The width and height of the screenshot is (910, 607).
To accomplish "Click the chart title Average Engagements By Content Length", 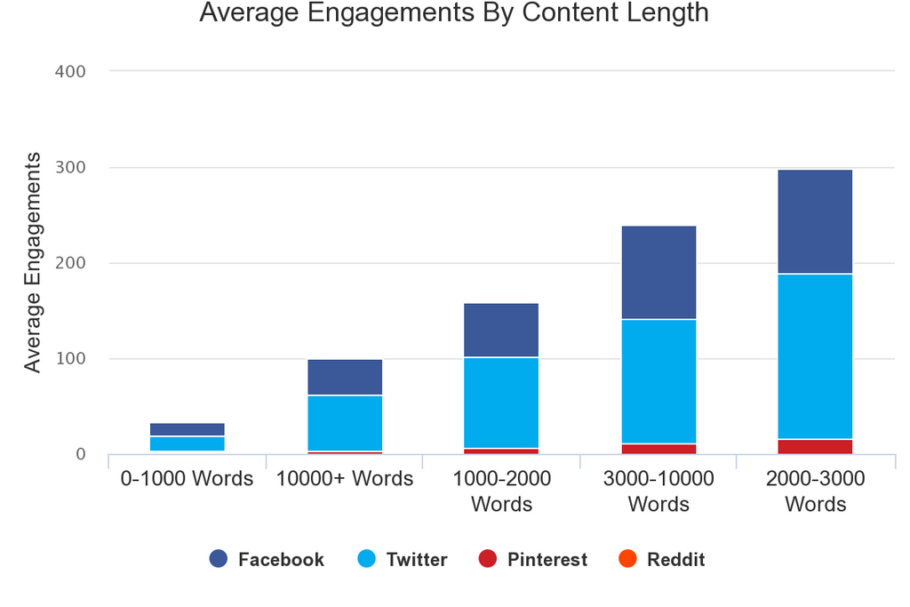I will [454, 13].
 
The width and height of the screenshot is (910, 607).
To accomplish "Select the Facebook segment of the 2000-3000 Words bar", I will [815, 221].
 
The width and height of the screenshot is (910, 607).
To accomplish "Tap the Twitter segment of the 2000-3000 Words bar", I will [815, 356].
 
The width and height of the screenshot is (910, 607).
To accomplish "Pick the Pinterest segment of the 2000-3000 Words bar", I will [815, 447].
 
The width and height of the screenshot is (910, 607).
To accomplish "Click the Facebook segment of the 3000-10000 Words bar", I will [659, 273].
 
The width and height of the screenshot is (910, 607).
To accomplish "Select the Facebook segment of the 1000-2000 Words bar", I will [501, 330].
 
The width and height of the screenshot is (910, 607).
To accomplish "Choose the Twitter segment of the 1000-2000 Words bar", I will [501, 403].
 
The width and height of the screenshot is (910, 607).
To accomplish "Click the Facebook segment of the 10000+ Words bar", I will [345, 377].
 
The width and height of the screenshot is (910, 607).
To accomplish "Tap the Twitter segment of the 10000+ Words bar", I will [345, 423].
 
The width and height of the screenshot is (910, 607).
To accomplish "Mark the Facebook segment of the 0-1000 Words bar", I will [188, 429].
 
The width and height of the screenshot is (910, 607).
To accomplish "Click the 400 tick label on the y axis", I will [70, 71].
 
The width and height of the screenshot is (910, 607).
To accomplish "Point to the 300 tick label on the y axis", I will [70, 167].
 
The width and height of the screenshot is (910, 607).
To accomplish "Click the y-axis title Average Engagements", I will [33, 262].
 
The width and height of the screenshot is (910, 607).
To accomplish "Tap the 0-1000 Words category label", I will [188, 479].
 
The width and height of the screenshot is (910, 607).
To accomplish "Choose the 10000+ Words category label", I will [345, 479].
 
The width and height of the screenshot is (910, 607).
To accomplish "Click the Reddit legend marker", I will [627, 559].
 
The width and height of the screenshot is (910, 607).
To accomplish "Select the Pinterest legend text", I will [547, 560].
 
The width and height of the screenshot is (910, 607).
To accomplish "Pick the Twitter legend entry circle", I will [367, 559].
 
